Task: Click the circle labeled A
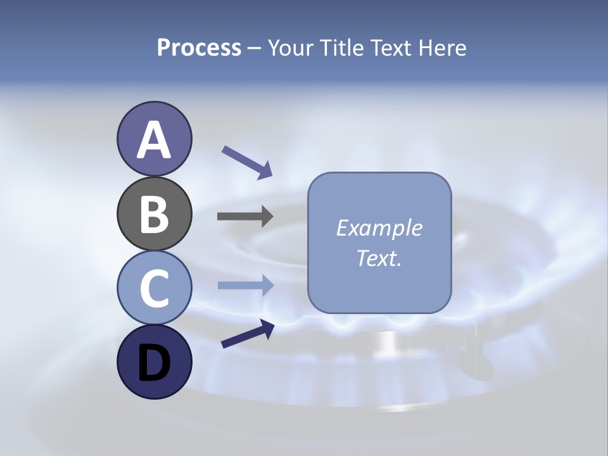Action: click(154, 139)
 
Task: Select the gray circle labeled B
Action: click(154, 213)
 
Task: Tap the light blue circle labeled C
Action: click(154, 288)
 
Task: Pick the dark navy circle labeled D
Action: click(154, 362)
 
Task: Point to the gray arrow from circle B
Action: click(245, 216)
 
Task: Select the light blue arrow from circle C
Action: click(245, 285)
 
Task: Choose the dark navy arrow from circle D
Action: click(248, 334)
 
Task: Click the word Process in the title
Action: click(199, 48)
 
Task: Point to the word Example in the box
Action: click(379, 228)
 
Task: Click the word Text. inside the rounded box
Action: click(379, 258)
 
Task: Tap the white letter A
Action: click(154, 140)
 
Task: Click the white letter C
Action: click(154, 288)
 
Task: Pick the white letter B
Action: click(154, 214)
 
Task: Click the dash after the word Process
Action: click(254, 49)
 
